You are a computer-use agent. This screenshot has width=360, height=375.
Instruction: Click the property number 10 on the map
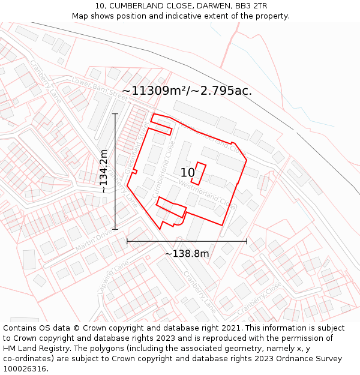point(187,173)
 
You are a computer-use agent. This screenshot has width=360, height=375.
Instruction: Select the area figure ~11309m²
point(155,91)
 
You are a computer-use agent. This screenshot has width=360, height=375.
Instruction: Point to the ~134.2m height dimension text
point(104,171)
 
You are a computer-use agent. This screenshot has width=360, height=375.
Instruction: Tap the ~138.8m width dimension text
point(187,253)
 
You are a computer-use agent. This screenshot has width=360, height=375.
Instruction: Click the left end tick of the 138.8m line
point(127,241)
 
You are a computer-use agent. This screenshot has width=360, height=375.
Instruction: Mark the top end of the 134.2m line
point(115,114)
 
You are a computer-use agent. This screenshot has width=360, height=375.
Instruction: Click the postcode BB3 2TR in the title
point(251,6)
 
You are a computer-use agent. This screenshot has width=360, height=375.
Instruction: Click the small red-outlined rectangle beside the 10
point(199,173)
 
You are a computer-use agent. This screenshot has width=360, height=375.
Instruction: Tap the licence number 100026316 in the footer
point(25,368)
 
